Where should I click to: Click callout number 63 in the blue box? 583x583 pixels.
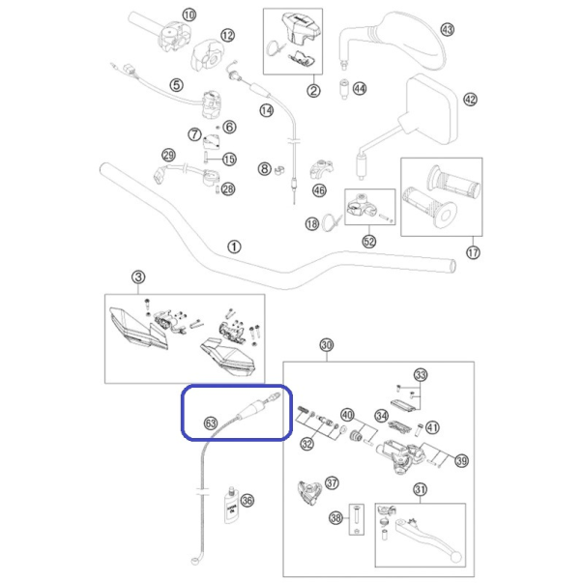coord(211,423)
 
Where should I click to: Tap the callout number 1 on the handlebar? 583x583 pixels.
coord(234,247)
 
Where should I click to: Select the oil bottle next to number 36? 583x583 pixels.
coord(231,505)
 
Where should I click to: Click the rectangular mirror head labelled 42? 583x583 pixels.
coord(432,109)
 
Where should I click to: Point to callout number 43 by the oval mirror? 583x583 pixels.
coord(447,29)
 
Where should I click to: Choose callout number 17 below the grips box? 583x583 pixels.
coord(473,253)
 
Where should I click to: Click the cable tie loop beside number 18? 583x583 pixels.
coord(331,222)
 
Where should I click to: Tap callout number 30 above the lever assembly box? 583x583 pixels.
coord(327,345)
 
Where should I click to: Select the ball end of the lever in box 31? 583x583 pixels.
coord(456,557)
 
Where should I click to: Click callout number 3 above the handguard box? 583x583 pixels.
coord(138,277)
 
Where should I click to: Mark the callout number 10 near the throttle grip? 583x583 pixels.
coord(189,15)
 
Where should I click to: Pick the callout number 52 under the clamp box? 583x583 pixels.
coord(368,242)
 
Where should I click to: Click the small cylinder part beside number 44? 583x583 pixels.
coord(344,89)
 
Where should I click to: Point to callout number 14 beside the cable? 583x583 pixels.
coord(266,110)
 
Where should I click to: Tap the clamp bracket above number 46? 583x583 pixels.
coord(321,169)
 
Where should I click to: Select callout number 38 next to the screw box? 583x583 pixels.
coord(336,517)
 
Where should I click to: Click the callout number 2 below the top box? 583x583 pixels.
coord(313,90)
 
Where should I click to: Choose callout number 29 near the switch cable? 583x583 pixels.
coord(169,155)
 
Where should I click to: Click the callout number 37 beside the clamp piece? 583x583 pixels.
coord(332,483)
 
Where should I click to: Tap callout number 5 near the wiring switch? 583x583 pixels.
coord(176,85)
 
